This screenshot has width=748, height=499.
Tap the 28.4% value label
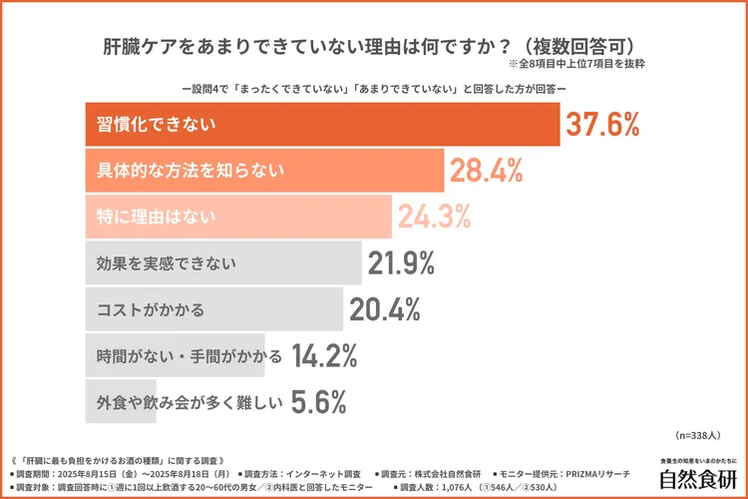coord(487,171)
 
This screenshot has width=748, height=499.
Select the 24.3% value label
coord(434,217)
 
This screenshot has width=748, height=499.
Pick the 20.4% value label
coord(384,309)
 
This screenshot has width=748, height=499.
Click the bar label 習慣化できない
coord(157,125)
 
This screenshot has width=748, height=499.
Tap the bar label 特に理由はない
coord(157,217)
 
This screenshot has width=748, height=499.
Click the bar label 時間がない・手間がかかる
coord(183,355)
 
